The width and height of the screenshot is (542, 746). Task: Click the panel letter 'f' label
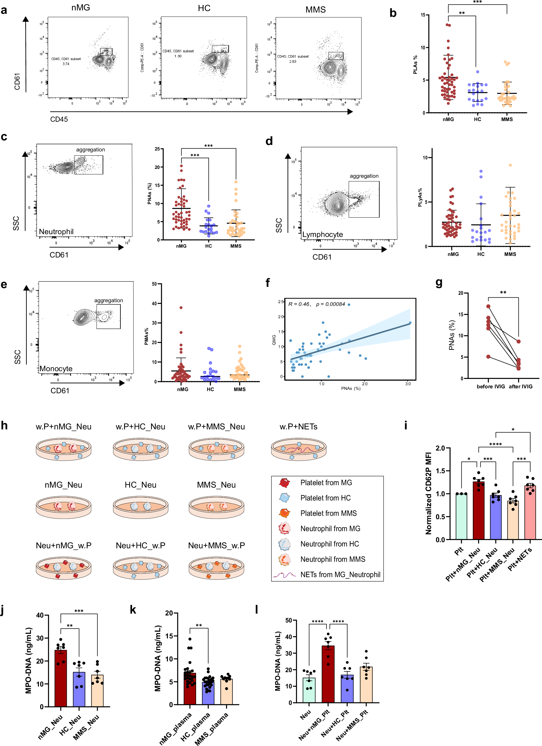click(268, 283)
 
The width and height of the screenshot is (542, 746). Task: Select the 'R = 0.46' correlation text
click(299, 304)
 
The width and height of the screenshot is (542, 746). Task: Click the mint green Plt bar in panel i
click(461, 516)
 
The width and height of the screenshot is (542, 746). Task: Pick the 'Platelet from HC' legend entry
click(325, 498)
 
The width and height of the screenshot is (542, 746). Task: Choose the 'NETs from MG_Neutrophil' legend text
click(340, 575)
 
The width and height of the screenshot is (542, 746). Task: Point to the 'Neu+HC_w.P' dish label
click(140, 545)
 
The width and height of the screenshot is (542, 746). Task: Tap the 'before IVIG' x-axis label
click(491, 386)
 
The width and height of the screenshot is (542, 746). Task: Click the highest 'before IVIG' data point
click(488, 306)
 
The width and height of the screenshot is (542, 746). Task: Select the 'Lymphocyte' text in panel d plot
click(323, 234)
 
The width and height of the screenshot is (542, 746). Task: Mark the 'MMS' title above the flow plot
click(315, 10)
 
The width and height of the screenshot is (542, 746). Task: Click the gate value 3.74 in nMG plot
click(66, 64)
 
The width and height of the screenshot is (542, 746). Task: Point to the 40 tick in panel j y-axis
click(40, 615)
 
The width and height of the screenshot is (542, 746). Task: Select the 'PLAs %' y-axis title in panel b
click(415, 64)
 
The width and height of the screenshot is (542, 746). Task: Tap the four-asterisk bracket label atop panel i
click(495, 444)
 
